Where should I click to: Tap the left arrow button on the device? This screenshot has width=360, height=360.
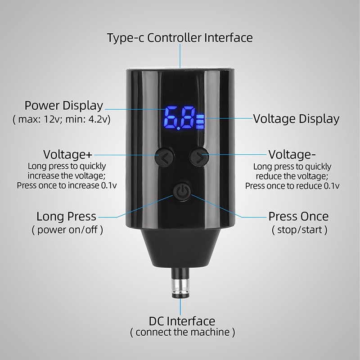pos(164,157)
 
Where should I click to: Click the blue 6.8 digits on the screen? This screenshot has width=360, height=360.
pos(179,118)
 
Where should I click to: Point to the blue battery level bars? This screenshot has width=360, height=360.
pos(200,121)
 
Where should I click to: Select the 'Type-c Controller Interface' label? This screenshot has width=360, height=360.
pos(180,38)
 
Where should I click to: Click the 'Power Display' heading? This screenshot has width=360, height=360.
pos(63,106)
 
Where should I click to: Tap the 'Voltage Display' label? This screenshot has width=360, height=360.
pos(296,119)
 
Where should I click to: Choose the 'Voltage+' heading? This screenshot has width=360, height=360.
pos(68,154)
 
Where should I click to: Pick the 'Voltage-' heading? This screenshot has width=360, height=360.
pos(292,154)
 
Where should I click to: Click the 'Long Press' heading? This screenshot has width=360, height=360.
pos(66,216)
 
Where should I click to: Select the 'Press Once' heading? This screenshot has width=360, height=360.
pos(298,216)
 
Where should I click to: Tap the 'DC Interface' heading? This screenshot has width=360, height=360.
pos(182,321)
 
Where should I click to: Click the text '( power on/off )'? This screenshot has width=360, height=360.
pos(67,230)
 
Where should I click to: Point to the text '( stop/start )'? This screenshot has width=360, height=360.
pos(300,230)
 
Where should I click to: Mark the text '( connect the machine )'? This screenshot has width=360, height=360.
pos(183,332)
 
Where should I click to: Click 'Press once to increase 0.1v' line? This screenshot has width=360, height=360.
pos(67,185)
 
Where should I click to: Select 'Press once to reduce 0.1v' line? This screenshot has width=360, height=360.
pos(292,186)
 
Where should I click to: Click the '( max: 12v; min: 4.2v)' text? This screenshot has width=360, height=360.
pos(61,119)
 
